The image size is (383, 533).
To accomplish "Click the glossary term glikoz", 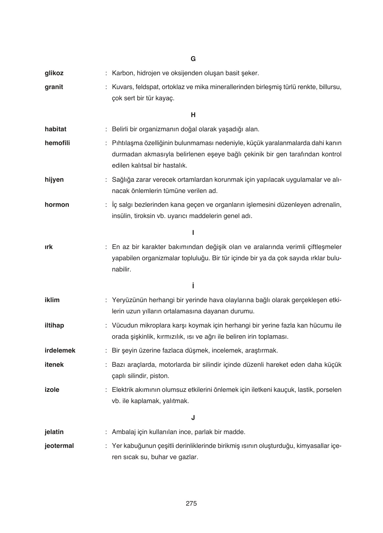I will [x=54, y=73].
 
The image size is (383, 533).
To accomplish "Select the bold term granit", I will [x=54, y=87].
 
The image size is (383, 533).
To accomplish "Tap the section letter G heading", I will [x=193, y=59].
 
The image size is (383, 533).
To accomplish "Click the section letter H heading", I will [x=193, y=115].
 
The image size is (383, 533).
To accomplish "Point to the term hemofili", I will [x=57, y=143].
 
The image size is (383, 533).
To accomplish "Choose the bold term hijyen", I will [x=54, y=180].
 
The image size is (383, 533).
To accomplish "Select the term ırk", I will [x=49, y=247].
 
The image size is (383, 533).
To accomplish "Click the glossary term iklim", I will [x=52, y=300].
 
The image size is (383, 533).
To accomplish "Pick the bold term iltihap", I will [x=54, y=326].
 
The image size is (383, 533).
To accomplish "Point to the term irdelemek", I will [x=60, y=351].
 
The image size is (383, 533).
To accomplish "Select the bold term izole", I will [x=52, y=390].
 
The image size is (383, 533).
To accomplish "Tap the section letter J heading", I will [x=193, y=418].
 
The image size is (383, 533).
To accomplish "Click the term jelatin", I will [x=54, y=432].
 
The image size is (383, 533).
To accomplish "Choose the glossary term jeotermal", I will [x=59, y=446].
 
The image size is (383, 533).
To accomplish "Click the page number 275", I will [x=191, y=504].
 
